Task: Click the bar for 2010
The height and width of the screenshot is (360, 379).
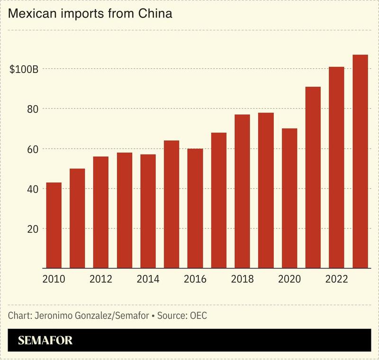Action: (54, 225)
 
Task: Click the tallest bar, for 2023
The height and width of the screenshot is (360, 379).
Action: (360, 161)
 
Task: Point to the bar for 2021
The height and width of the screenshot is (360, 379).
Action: (313, 177)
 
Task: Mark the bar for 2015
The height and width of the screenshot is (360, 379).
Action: (171, 204)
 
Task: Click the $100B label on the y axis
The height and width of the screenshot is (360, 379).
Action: (24, 69)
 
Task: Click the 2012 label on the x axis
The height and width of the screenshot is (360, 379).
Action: (100, 279)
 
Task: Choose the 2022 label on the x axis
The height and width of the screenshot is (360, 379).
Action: (336, 279)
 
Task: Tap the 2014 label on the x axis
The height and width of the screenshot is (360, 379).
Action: (148, 279)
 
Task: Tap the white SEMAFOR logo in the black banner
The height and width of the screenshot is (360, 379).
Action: (45, 341)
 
